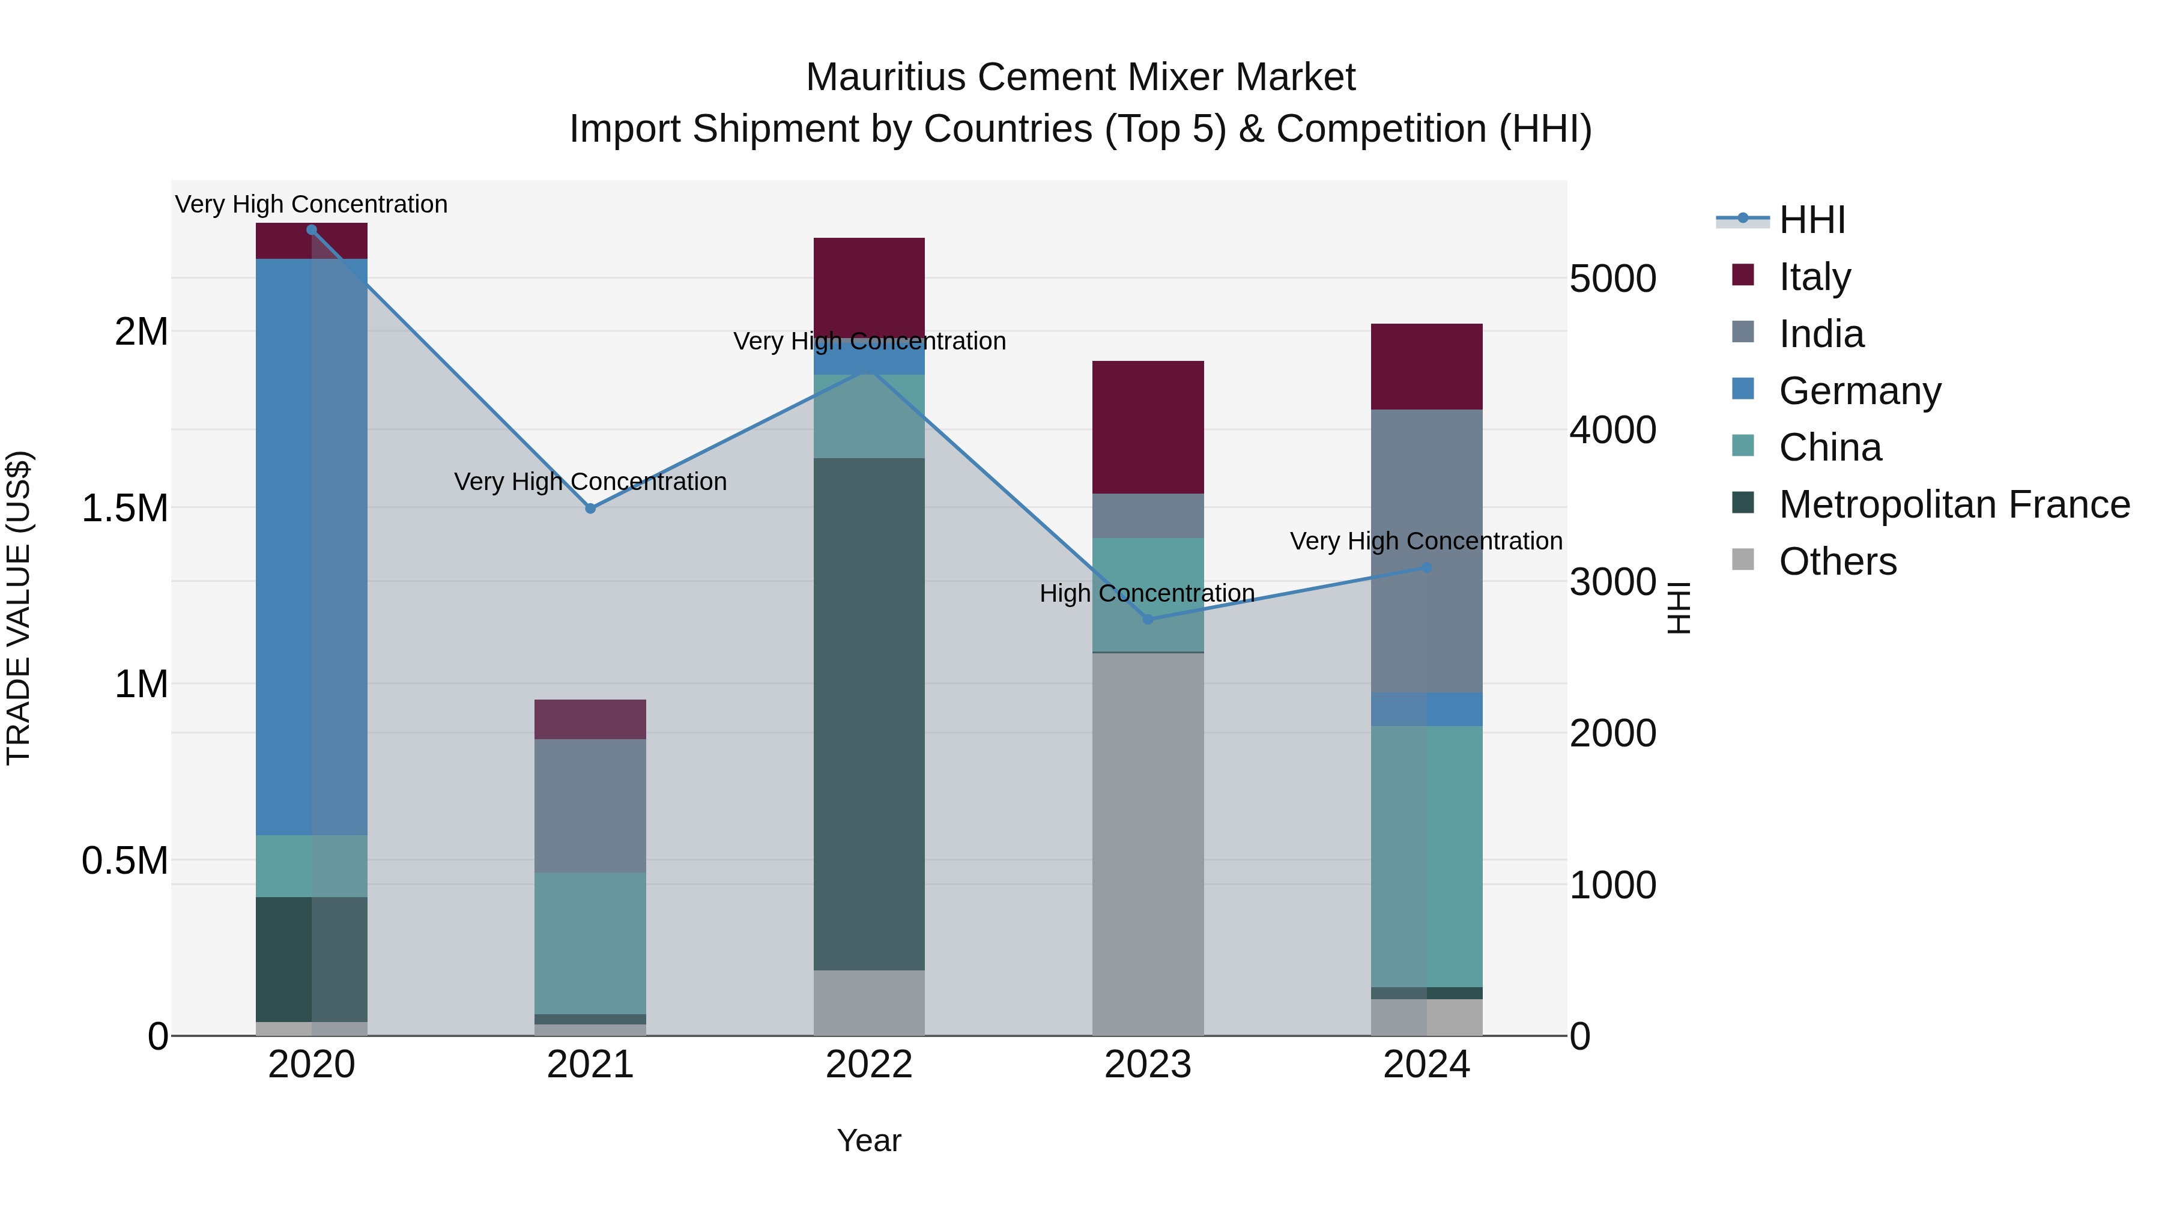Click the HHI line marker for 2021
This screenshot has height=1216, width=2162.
coord(590,509)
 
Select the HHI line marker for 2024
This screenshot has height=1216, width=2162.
coord(1427,568)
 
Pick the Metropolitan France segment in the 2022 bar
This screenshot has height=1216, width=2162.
coord(868,713)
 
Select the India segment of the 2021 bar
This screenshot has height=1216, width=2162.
coord(590,806)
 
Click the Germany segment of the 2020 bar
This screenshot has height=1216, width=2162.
coord(311,545)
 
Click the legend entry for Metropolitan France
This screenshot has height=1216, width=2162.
coord(1954,504)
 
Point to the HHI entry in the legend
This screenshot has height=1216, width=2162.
coord(1811,220)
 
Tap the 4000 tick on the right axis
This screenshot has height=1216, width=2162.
coord(1612,431)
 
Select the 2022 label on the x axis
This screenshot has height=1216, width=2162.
coord(868,1065)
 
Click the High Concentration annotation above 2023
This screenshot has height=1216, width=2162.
coord(1146,593)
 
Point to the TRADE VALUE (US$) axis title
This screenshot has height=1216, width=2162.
coord(19,608)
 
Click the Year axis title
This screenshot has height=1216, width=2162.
coord(868,1140)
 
